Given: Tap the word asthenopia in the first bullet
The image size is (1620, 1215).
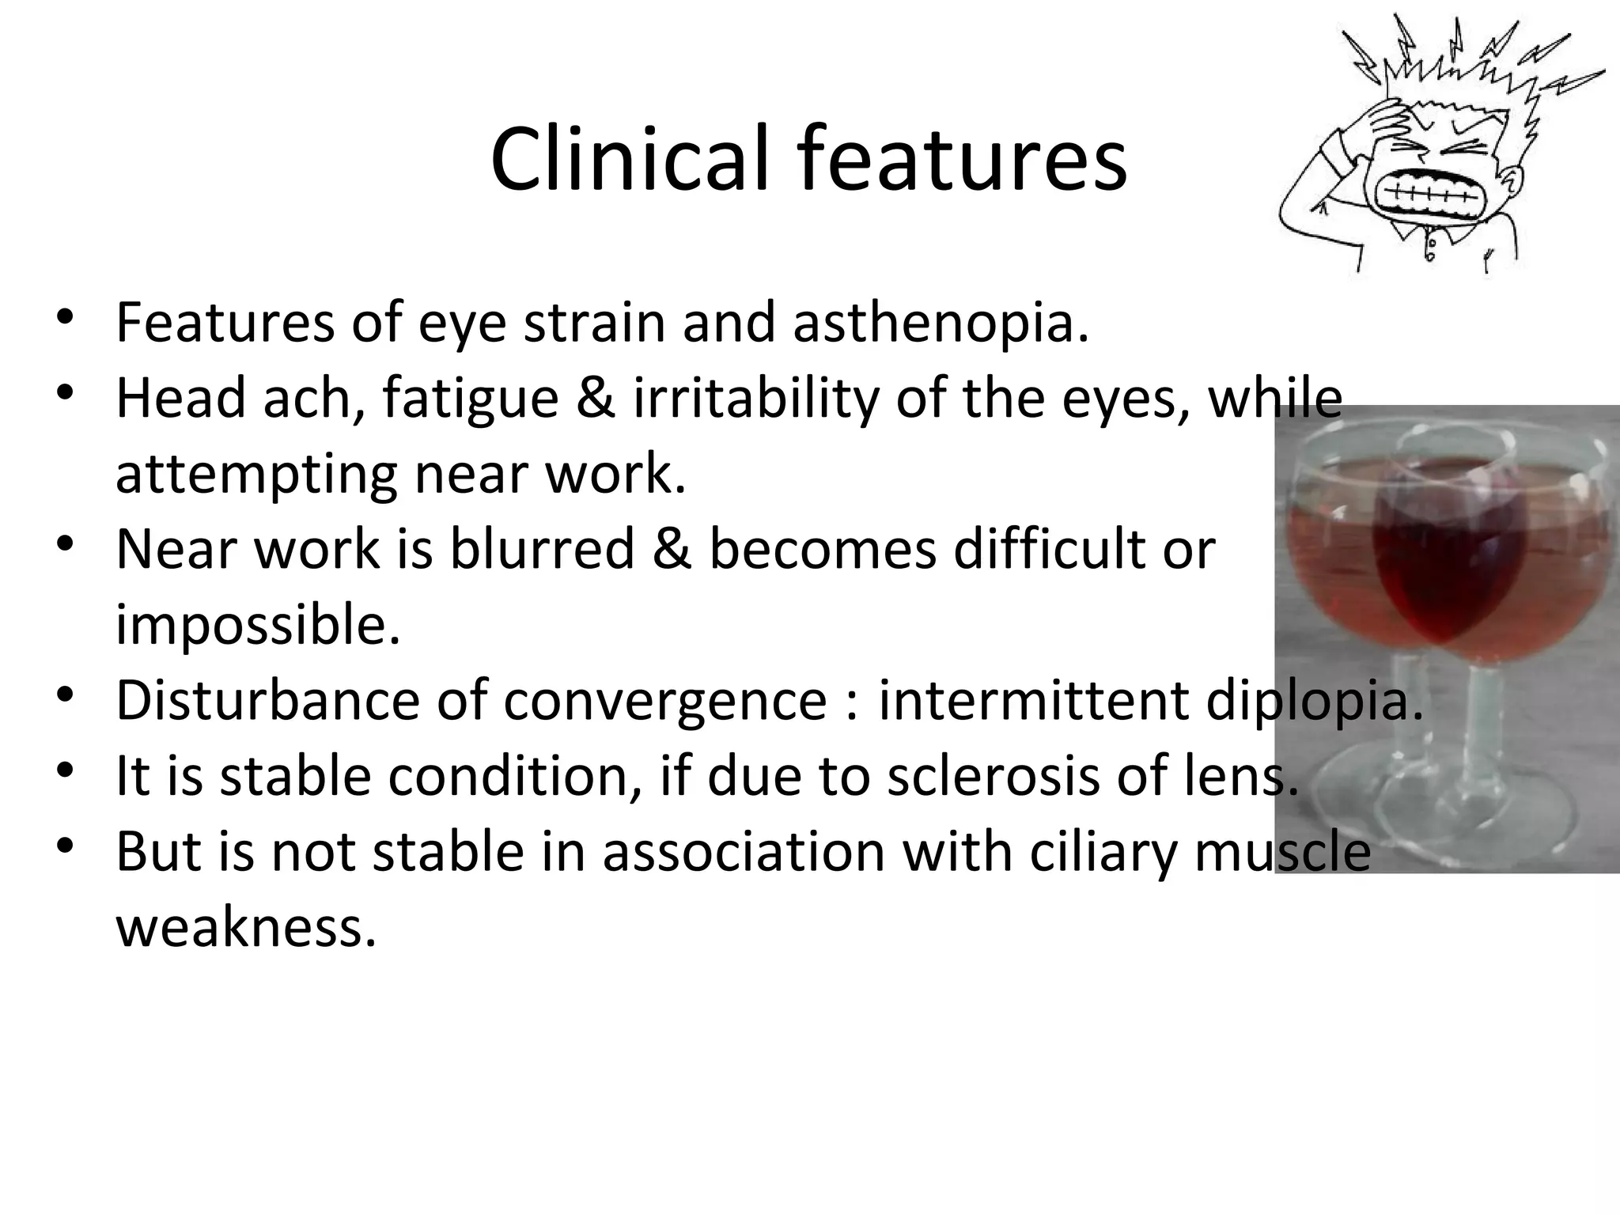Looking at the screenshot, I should tap(941, 324).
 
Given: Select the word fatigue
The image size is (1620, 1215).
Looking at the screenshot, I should tap(471, 399).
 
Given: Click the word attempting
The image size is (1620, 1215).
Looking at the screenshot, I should tap(256, 475).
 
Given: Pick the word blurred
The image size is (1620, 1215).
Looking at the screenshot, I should tap(543, 549).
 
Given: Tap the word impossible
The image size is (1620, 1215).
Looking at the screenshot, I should tap(258, 625).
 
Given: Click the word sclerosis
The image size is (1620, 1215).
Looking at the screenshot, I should tap(993, 776).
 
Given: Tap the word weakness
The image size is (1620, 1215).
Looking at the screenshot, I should tap(245, 928).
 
